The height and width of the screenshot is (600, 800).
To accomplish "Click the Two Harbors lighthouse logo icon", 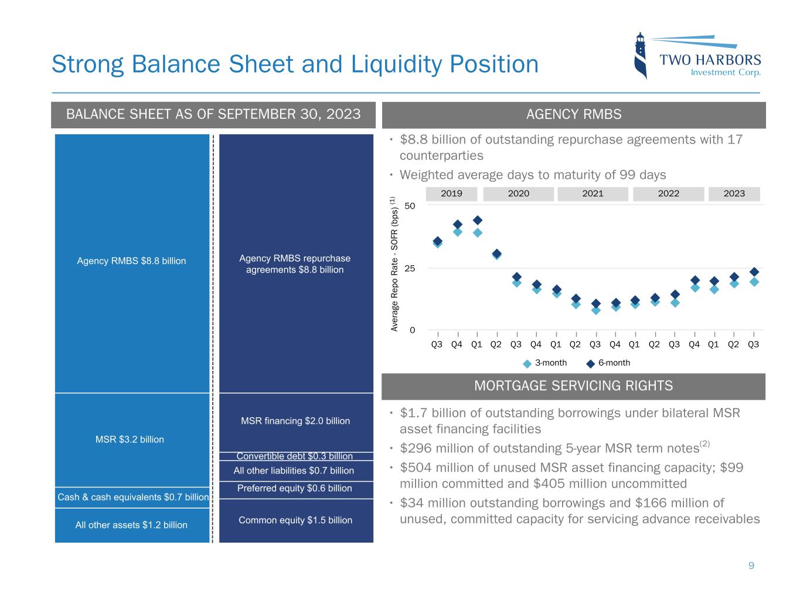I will click(x=641, y=56).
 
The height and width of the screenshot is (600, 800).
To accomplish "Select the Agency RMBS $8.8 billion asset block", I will click(x=132, y=261).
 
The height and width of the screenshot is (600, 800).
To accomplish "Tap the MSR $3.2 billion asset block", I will click(x=132, y=439).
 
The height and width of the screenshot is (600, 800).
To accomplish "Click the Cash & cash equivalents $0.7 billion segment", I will click(x=132, y=497).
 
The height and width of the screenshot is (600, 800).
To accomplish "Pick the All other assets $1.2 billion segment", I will click(x=132, y=525).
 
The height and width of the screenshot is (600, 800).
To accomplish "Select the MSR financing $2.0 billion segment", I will click(x=295, y=421).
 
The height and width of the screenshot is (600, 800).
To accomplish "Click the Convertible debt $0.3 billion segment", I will click(x=295, y=456).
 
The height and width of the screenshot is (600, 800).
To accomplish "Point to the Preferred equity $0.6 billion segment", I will click(x=295, y=489).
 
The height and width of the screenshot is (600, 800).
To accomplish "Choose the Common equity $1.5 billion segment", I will click(x=295, y=520).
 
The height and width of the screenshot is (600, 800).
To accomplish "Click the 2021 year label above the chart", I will click(x=593, y=194).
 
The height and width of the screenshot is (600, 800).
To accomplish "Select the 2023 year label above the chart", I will click(x=734, y=194).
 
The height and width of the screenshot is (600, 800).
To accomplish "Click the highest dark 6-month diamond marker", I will click(x=477, y=220).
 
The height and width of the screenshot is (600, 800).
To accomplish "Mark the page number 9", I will click(x=751, y=566).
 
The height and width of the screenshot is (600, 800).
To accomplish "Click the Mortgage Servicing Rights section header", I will click(x=573, y=386).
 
